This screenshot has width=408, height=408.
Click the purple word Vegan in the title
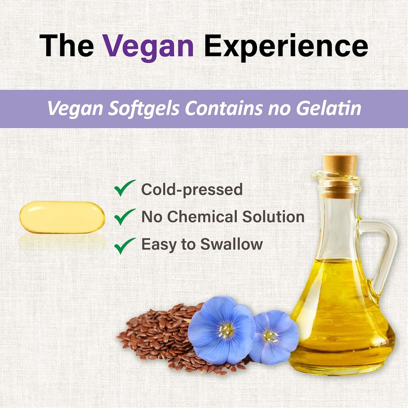click(149, 46)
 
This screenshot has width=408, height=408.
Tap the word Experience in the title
click(286, 46)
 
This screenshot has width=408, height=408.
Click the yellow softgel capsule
click(62, 217)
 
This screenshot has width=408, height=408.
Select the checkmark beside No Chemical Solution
click(124, 217)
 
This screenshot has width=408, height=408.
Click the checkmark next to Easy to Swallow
click(124, 245)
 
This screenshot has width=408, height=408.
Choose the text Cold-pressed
click(192, 190)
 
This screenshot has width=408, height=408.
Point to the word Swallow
click(231, 244)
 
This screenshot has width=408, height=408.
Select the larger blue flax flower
click(222, 330)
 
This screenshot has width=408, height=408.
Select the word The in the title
click(66, 46)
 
